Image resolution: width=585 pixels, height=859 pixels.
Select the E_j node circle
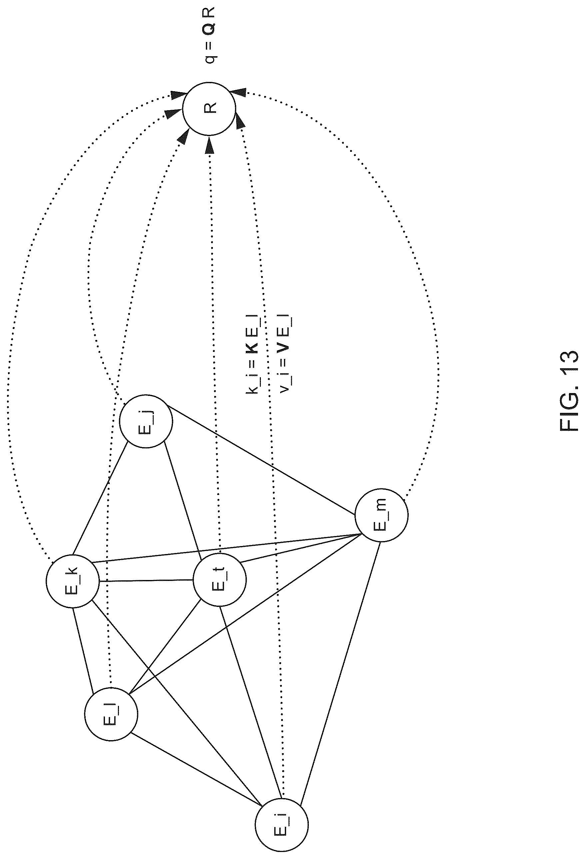pos(146,422)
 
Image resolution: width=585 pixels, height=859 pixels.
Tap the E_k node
pos(73,581)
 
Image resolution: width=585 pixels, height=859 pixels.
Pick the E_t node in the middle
pos(220,579)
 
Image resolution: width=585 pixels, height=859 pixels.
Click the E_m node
pos(381,515)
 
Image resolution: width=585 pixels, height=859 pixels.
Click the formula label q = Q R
pos(210,35)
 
